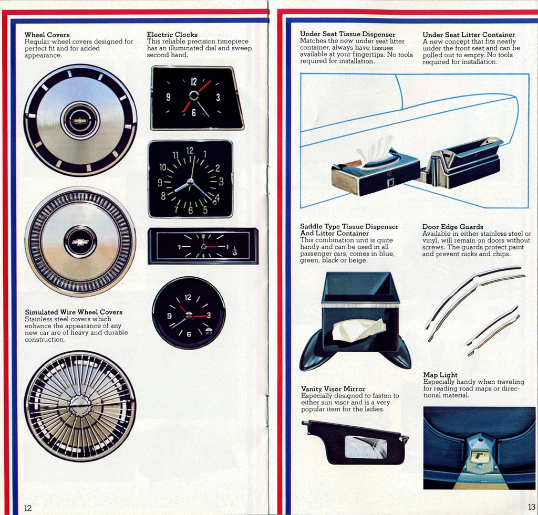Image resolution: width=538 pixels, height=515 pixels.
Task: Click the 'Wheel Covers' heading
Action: [x=47, y=35]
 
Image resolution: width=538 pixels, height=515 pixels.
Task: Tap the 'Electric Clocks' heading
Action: [x=172, y=35]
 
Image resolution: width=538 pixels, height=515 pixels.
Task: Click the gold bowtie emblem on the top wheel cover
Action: [x=80, y=120]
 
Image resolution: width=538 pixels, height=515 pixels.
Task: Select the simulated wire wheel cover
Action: [x=80, y=406]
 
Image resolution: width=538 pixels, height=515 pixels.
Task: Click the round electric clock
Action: [x=189, y=313]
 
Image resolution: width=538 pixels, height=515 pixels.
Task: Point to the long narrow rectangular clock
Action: [x=203, y=246]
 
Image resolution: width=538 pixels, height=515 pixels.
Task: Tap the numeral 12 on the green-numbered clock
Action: [x=190, y=151]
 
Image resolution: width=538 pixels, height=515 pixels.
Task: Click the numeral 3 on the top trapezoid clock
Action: [x=218, y=97]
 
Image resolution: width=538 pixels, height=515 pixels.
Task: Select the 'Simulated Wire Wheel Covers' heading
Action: [x=74, y=312]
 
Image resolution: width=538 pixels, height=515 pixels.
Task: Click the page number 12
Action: [x=28, y=508]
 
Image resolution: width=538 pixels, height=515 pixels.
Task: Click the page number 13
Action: [x=532, y=507]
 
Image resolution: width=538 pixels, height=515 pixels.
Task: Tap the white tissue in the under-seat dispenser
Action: [x=375, y=150]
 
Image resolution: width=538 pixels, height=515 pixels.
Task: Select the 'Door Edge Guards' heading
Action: [x=452, y=227]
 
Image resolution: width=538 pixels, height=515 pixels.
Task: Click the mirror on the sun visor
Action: [x=366, y=447]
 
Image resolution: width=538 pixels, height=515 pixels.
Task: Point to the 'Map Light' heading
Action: [x=440, y=375]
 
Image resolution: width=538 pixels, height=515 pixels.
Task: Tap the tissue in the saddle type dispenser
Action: [x=358, y=330]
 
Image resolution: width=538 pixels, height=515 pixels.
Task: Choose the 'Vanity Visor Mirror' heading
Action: [x=333, y=389]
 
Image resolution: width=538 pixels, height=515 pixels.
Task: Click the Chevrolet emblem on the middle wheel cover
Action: [x=80, y=242]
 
